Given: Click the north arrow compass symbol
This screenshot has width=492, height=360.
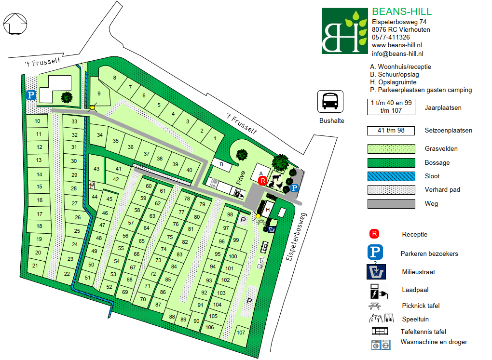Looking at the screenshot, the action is pyautogui.click(x=16, y=23).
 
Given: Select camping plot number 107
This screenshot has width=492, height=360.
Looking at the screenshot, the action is pyautogui.click(x=241, y=333).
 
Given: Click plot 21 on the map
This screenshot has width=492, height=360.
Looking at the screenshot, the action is pyautogui.click(x=35, y=266).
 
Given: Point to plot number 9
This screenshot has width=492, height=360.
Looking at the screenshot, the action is pyautogui.click(x=99, y=93).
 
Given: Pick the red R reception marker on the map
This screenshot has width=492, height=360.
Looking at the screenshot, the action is pyautogui.click(x=262, y=181).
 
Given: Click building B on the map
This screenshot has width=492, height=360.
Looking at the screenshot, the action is pyautogui.click(x=221, y=165).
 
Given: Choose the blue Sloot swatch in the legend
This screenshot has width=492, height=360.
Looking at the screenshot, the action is pyautogui.click(x=391, y=176).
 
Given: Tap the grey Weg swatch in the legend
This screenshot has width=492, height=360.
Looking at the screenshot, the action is pyautogui.click(x=391, y=203).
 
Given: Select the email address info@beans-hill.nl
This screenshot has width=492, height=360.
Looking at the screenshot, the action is pyautogui.click(x=397, y=54).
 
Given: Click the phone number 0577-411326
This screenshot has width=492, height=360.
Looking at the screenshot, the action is pyautogui.click(x=391, y=37).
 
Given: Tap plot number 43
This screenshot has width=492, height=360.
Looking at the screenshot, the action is pyautogui.click(x=96, y=169).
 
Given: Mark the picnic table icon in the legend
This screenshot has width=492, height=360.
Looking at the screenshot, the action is pyautogui.click(x=376, y=306).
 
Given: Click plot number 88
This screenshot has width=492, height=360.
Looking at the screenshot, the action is pyautogui.click(x=172, y=317).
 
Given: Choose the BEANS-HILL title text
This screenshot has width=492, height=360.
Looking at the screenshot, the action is pyautogui.click(x=402, y=12).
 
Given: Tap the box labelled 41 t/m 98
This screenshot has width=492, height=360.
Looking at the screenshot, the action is pyautogui.click(x=391, y=131).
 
